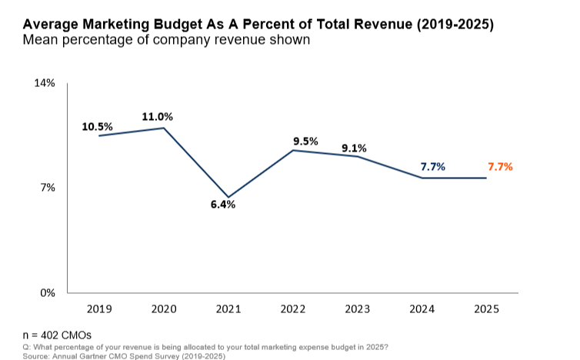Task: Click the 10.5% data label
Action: (x=98, y=126)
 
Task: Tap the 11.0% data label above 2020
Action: (x=158, y=117)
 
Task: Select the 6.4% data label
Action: (x=223, y=205)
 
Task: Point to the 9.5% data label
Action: (x=305, y=141)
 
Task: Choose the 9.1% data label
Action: (x=354, y=148)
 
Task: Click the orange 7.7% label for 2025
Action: (x=500, y=166)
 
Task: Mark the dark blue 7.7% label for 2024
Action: (x=433, y=166)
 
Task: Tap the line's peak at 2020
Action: (x=164, y=128)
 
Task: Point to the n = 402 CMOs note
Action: (x=56, y=335)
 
